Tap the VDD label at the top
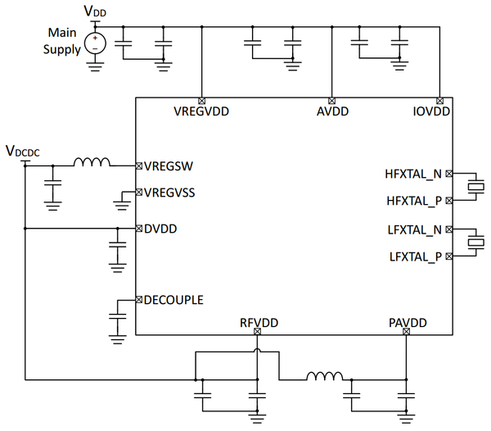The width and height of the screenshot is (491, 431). [95, 11]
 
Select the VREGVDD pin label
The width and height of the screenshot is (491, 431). [201, 112]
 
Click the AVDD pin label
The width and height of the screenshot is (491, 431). [331, 112]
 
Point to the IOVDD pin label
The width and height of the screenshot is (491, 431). [431, 112]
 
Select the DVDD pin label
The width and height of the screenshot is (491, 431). [160, 229]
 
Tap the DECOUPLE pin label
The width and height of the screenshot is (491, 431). [174, 300]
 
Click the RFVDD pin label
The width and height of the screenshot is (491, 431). [257, 320]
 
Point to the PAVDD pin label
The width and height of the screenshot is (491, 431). [407, 320]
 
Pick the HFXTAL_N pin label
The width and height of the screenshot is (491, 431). [413, 174]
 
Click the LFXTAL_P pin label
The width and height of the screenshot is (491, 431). [414, 257]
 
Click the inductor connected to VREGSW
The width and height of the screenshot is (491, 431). [92, 163]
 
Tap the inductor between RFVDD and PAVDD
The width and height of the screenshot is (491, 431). [325, 377]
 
